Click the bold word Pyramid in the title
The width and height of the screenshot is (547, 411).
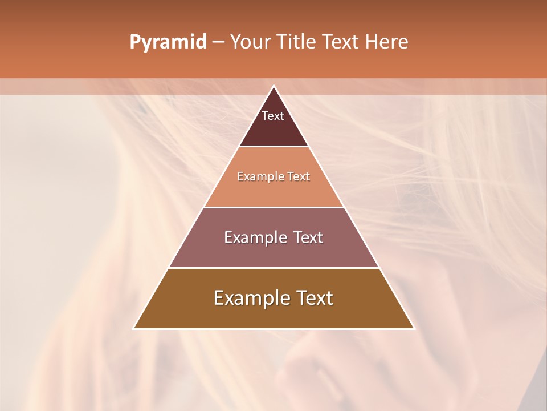pos(168,42)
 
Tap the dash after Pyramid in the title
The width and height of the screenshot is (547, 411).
pos(218,42)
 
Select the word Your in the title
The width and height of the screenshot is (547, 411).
pos(248,42)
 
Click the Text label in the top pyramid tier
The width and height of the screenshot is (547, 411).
pos(273,116)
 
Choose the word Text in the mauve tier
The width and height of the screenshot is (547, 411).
pos(308,237)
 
